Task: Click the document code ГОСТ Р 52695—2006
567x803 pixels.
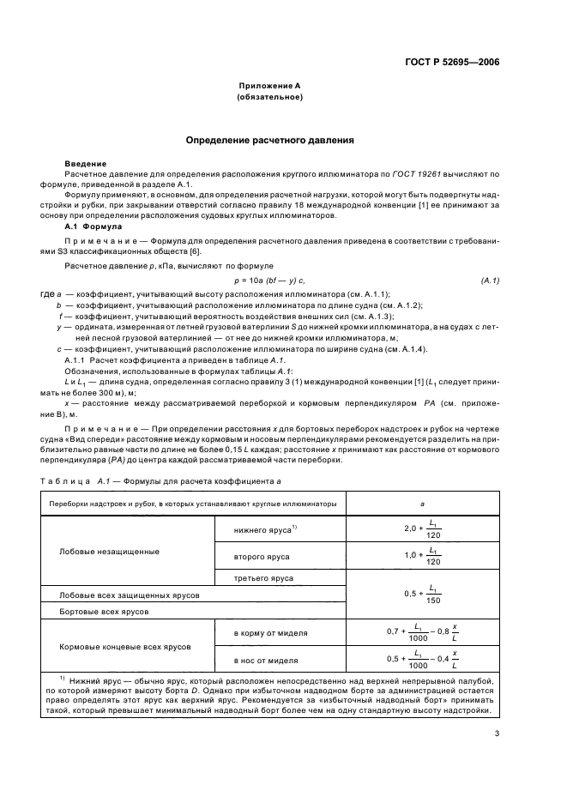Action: pos(454,61)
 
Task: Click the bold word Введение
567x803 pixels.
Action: pos(86,163)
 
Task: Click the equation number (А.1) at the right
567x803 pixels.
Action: pos(491,281)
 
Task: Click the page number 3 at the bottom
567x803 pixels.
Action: pos(497,734)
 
